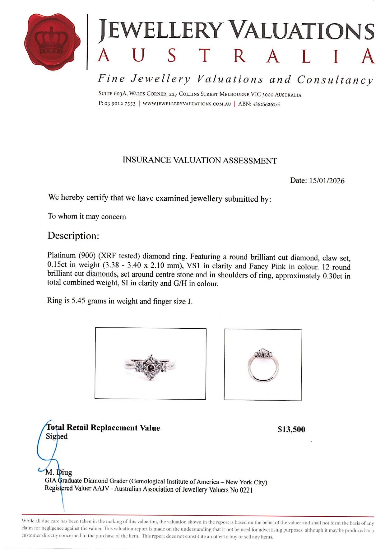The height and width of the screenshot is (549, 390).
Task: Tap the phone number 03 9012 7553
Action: tap(120, 104)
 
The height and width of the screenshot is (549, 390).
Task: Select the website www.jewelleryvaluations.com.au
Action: tap(187, 104)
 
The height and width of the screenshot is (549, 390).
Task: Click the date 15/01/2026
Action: tap(327, 181)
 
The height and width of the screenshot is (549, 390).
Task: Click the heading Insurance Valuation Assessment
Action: tap(199, 160)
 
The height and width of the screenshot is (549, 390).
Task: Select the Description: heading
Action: tap(73, 236)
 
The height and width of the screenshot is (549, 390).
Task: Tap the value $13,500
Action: tap(291, 429)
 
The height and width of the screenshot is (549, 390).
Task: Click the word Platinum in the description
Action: tap(61, 256)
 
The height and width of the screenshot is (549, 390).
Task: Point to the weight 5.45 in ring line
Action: tap(78, 301)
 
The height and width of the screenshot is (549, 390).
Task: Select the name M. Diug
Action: tap(59, 472)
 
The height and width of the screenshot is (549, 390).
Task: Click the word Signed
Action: tap(57, 436)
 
